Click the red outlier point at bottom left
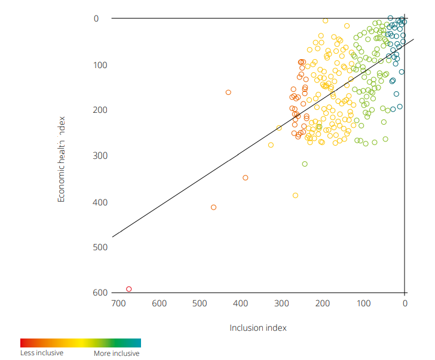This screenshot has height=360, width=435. [129, 289]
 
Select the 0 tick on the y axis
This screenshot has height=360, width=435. [96, 19]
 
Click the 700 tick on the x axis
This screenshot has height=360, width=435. [118, 303]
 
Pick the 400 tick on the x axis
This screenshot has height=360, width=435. [241, 303]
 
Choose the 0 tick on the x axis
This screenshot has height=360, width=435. [405, 303]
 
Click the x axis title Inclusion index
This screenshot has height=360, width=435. [258, 328]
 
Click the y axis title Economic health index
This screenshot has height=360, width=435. [61, 159]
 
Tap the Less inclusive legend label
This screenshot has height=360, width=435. [42, 353]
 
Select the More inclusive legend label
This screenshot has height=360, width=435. [117, 353]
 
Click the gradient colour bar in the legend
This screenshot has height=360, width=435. [81, 343]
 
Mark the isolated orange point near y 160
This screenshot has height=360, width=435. [228, 93]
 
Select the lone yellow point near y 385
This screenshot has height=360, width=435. [295, 195]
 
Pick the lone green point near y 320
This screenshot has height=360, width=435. [305, 164]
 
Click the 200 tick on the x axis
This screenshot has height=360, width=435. [323, 303]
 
